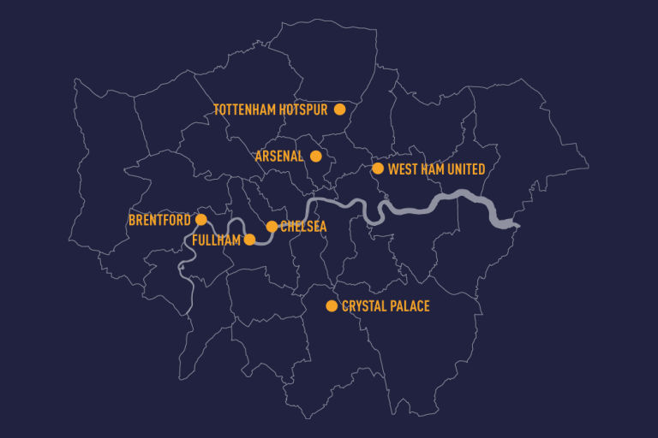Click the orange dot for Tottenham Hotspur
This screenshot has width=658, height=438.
[x=339, y=109]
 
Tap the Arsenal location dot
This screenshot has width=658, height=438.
[x=316, y=156]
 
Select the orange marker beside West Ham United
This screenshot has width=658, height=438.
[x=378, y=169]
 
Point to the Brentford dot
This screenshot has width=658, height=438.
[x=201, y=220]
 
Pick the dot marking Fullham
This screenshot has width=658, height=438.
[x=249, y=240]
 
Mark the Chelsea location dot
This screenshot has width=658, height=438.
[x=272, y=227]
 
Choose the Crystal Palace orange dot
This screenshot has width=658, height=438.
[x=332, y=305]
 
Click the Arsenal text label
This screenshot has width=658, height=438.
[x=279, y=157]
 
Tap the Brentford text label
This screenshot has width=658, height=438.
[x=159, y=221]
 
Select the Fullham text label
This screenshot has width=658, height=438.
[x=217, y=240]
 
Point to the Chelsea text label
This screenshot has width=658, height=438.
[x=303, y=227]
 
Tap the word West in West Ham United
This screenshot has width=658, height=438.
[x=404, y=169]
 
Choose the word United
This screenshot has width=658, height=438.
[x=466, y=169]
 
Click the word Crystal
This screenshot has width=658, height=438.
[x=366, y=306]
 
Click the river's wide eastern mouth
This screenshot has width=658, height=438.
[x=505, y=223]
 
